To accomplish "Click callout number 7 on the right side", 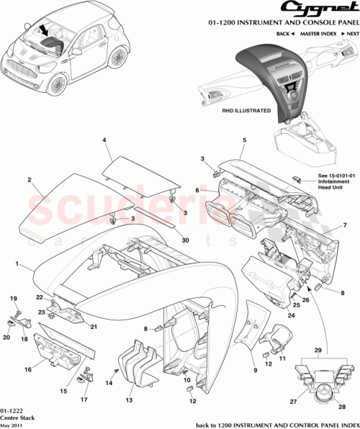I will [x=344, y=226].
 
